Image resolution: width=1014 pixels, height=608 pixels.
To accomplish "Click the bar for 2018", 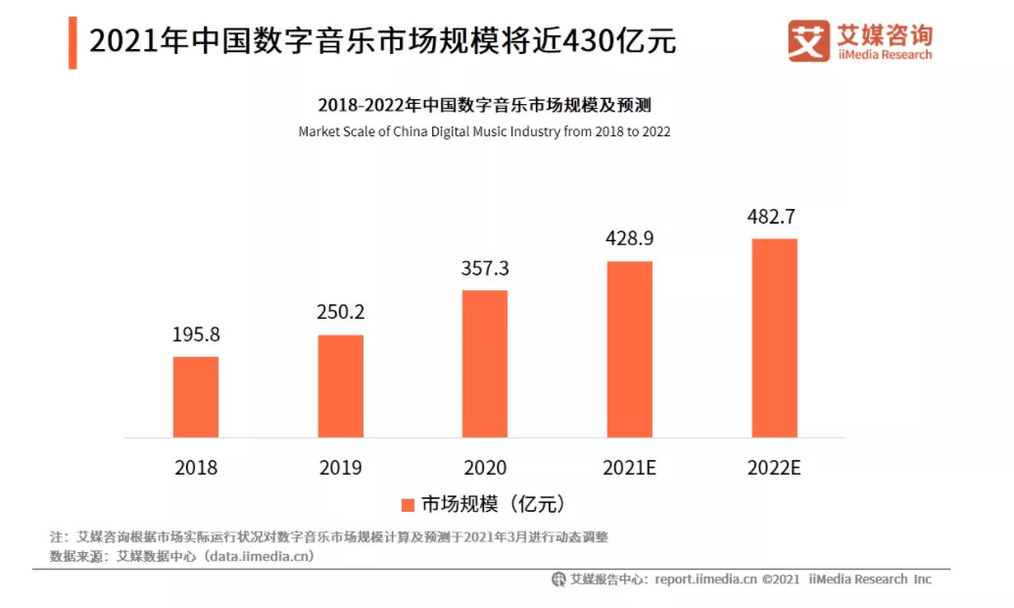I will [x=196, y=396].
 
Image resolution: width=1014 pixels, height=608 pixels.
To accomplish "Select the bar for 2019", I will [x=340, y=385].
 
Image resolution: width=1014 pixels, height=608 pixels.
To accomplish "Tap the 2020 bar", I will [x=485, y=363].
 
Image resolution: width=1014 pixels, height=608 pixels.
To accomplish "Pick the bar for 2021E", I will [x=630, y=348].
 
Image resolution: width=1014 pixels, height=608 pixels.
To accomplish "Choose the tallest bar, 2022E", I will [x=774, y=337].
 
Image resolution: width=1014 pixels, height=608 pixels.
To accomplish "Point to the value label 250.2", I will [x=340, y=313].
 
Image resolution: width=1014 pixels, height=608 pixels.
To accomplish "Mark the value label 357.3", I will [x=485, y=269].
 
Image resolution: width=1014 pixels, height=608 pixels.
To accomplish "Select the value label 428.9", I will [x=630, y=239].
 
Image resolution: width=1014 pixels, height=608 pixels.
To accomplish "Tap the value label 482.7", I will [x=774, y=217].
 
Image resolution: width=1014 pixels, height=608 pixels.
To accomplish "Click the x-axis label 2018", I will [x=196, y=468].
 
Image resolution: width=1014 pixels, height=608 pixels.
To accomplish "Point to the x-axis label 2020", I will [x=485, y=468].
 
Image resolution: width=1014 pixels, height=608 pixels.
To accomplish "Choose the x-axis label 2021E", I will [x=630, y=468].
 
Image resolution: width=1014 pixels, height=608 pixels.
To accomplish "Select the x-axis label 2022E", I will [x=774, y=468].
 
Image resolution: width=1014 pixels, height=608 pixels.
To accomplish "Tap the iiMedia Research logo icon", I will [x=808, y=41].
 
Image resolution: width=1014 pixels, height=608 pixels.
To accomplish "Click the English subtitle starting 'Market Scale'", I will [x=484, y=131].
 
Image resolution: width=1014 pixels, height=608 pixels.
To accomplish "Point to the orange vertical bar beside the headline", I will [x=72, y=42].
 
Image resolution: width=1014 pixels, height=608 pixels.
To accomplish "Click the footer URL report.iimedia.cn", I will [x=705, y=580].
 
